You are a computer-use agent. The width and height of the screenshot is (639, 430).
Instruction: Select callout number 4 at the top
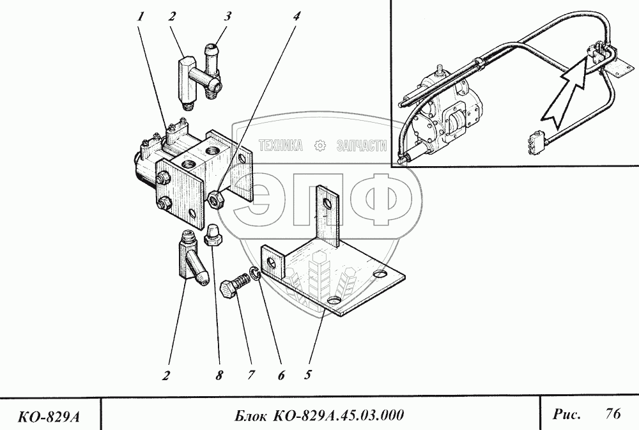(296, 18)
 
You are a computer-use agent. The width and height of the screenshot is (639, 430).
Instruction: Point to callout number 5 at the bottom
(307, 376)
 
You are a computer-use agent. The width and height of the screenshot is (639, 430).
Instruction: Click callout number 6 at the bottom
(281, 376)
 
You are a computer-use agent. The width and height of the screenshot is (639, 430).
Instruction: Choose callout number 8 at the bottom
(219, 376)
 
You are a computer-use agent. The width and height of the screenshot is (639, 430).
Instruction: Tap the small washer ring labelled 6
(256, 273)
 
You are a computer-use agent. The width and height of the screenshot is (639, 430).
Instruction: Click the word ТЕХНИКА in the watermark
(282, 146)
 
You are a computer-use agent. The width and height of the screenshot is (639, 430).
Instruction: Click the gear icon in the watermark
(321, 146)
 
